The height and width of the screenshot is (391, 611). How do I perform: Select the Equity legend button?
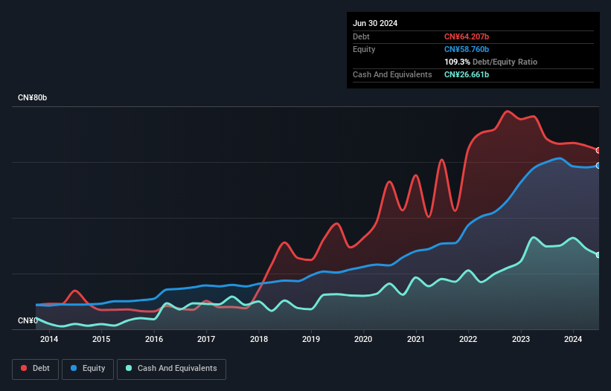[x=88, y=369]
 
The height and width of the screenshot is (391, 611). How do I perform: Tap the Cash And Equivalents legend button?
[x=171, y=369]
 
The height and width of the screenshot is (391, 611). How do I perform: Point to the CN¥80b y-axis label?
[x=34, y=98]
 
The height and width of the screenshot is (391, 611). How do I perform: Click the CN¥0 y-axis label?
[x=28, y=320]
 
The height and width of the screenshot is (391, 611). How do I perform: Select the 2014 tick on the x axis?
[x=49, y=340]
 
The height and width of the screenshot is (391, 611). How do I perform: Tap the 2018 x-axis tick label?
[x=258, y=340]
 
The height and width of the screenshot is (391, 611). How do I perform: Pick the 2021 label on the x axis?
[x=415, y=340]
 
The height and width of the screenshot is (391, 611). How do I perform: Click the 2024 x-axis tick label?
[x=572, y=340]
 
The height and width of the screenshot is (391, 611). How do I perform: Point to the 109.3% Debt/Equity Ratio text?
[x=490, y=62]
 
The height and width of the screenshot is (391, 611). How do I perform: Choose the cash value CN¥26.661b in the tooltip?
[x=467, y=74]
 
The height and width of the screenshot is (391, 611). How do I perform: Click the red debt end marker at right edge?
[x=598, y=150]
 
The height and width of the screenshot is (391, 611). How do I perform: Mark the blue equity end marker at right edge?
[x=598, y=166]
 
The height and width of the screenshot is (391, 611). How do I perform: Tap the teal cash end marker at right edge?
[x=598, y=255]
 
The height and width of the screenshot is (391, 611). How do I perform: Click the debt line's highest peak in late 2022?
[x=508, y=112]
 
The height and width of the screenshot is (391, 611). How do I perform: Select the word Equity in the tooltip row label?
[x=364, y=49]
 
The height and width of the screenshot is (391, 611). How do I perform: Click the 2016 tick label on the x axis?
[x=154, y=340]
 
